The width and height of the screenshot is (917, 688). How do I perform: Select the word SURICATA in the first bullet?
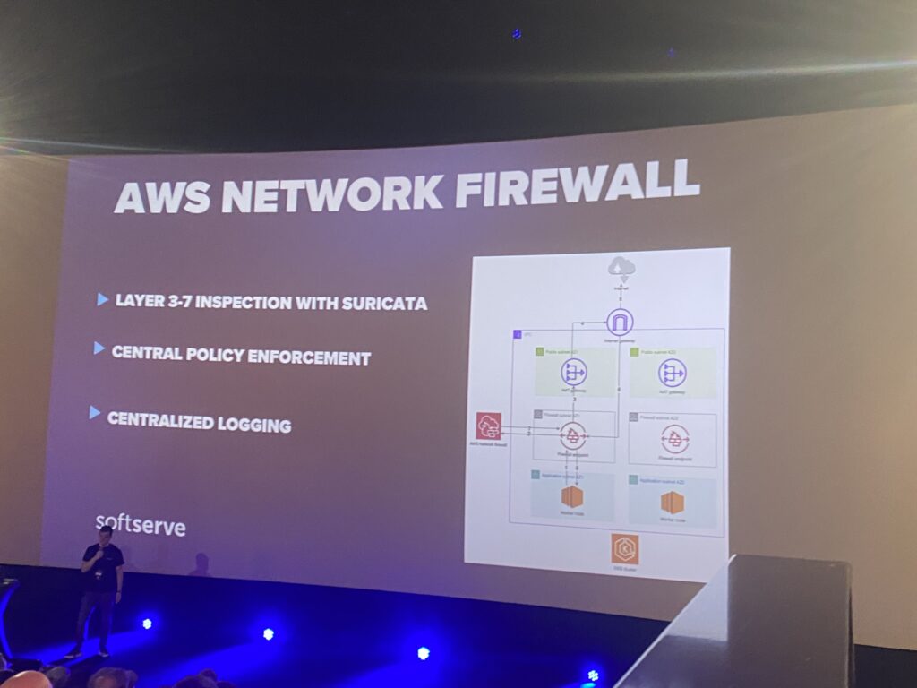coord(384,303)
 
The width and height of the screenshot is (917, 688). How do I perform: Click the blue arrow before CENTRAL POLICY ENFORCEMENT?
coord(99,348)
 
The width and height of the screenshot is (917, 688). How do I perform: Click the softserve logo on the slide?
coord(141,524)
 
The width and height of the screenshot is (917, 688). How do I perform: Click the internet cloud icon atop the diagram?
coord(620,266)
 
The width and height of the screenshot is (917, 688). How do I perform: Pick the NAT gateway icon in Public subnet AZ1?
coord(573,373)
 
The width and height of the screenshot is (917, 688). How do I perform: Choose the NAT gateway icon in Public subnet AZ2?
coord(672,373)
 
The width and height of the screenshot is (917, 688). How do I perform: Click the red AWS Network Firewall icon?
coord(489,426)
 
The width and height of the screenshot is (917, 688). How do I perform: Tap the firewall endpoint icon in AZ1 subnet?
coord(573,437)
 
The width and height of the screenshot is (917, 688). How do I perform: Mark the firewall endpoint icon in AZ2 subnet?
coord(675,439)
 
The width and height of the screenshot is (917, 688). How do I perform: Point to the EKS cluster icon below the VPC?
coord(625,548)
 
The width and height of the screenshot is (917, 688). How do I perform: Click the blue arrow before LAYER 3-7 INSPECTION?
coord(103,299)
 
